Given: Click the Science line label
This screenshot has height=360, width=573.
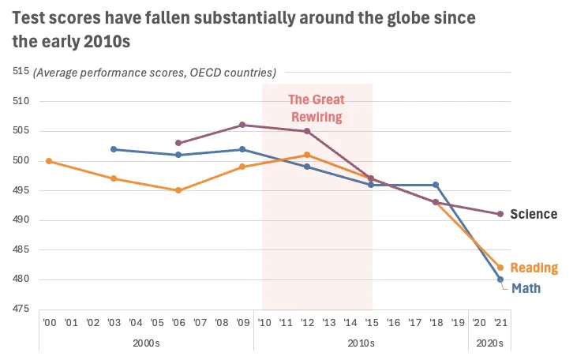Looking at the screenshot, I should tap(534, 214).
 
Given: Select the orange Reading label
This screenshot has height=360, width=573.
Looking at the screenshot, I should tap(534, 268).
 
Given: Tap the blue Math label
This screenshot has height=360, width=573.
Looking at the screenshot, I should tap(526, 288).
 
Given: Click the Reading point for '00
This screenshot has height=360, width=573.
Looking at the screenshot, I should tap(49, 161).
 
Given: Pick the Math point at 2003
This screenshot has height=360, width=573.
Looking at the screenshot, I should tap(114, 149).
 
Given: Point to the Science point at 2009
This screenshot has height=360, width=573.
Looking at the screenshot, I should tap(242, 125).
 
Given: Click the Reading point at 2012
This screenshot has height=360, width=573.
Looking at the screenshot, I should tap(307, 155).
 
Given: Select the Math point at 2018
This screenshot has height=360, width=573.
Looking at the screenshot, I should tap(436, 185).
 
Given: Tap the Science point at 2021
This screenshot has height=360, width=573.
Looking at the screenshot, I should tap(500, 214).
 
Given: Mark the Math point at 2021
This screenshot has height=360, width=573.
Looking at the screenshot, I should tap(500, 279).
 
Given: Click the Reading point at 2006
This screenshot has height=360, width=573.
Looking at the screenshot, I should tap(178, 190).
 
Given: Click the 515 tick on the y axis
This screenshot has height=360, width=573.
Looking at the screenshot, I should tap(21, 72).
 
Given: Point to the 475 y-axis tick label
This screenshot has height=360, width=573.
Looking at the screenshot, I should tap(21, 309).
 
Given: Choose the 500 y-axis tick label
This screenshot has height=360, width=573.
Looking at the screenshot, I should tap(21, 161).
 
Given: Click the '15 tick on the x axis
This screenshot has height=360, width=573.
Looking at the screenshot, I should tap(371, 322).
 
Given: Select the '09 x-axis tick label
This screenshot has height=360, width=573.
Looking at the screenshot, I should tap(242, 322).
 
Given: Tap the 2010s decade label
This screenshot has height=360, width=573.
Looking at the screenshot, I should tap(361, 343).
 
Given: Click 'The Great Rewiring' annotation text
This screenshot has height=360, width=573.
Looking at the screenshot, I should tap(316, 108).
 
